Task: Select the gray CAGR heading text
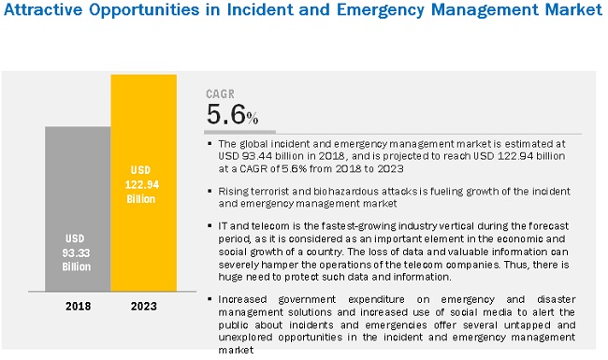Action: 222,94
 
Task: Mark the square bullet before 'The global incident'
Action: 210,144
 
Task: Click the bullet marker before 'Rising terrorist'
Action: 210,191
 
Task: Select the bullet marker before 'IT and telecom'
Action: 210,225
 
